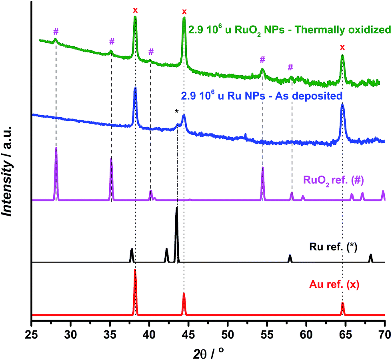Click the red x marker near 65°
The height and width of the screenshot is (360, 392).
[342, 47]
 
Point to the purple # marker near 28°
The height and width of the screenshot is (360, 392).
[56, 32]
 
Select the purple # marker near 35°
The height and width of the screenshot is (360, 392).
[112, 41]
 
